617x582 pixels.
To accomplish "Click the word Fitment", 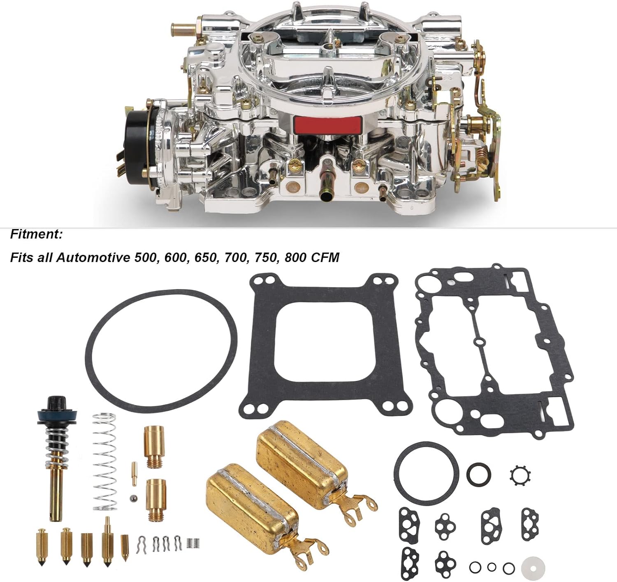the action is click(x=36, y=234).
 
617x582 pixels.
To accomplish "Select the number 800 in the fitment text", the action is click(x=295, y=257).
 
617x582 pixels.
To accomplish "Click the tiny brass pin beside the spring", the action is click(x=135, y=474).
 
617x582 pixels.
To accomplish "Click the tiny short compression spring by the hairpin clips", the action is click(x=193, y=543).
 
